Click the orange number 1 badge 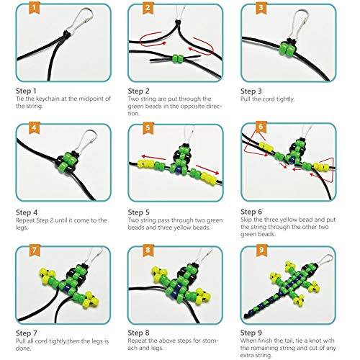click(x=34, y=7)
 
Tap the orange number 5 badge click(x=148, y=127)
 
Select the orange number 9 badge click(x=261, y=250)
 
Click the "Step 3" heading click(x=251, y=91)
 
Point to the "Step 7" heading click(x=27, y=333)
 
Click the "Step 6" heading click(x=251, y=212)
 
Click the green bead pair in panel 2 click(x=178, y=58)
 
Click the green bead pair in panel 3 click(x=287, y=49)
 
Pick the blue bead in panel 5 click(x=178, y=170)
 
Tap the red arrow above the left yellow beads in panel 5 click(x=153, y=157)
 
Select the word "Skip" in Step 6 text click(x=246, y=220)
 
